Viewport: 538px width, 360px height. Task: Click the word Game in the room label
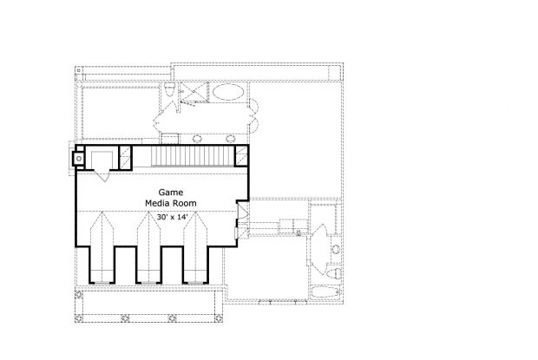tap(171, 193)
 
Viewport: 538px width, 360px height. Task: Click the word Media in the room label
tap(157, 203)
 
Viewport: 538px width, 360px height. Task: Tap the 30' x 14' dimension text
tap(171, 217)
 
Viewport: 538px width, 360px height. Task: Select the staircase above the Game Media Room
tap(193, 156)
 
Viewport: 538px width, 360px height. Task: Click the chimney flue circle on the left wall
tap(79, 159)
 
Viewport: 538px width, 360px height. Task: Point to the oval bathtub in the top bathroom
tap(228, 92)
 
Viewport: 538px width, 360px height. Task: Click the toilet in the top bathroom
tap(170, 90)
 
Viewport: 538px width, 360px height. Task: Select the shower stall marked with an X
tap(194, 92)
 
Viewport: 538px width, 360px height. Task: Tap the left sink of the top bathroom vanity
tap(197, 139)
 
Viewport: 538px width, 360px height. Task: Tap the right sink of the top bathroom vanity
tap(230, 139)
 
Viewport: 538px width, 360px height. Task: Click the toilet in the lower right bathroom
tap(333, 273)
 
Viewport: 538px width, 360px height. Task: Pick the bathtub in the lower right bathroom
tap(325, 292)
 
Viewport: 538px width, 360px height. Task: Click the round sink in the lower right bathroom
tap(336, 249)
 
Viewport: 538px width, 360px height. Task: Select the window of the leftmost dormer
tap(102, 283)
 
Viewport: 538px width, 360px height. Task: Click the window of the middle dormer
tap(148, 283)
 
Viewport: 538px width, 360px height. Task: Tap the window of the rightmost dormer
tap(195, 283)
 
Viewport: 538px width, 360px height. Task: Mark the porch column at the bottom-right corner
tap(218, 318)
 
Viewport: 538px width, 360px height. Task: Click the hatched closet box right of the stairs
tap(241, 156)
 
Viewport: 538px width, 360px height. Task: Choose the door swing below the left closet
tap(102, 175)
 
